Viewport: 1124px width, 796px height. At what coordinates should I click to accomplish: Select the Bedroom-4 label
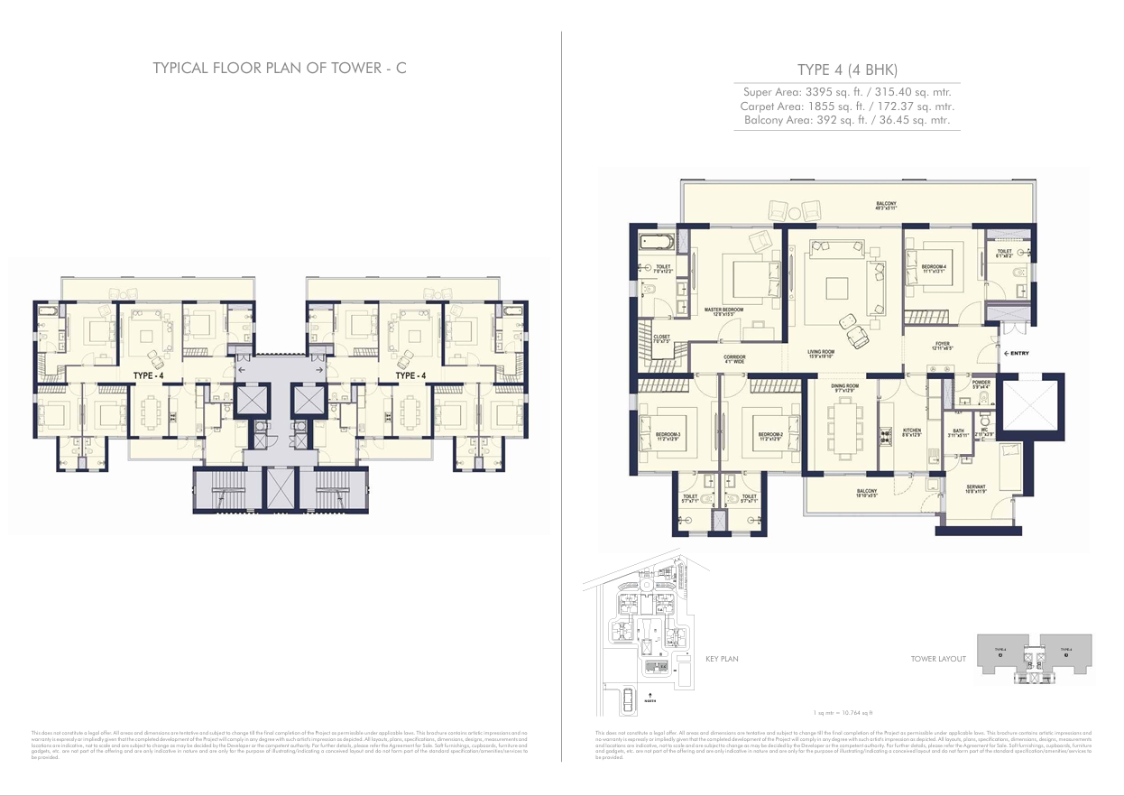click(x=934, y=268)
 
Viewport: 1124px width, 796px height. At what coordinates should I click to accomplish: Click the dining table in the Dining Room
click(x=844, y=428)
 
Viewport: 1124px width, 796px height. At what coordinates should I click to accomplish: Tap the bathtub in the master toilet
click(x=656, y=243)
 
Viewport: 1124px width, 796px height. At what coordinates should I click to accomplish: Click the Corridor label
click(x=734, y=359)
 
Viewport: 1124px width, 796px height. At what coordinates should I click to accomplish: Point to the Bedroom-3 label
click(x=668, y=437)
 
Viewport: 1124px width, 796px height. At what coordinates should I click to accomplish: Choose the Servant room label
click(x=976, y=488)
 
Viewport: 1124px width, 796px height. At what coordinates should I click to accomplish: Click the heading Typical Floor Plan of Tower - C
click(x=280, y=69)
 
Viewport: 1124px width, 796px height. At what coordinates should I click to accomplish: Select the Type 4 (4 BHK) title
click(x=847, y=70)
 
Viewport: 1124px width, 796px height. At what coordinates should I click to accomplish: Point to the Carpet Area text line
click(x=846, y=106)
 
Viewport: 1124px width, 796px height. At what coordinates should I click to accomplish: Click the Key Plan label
click(x=722, y=659)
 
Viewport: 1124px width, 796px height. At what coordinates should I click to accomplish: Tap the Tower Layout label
click(x=938, y=659)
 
